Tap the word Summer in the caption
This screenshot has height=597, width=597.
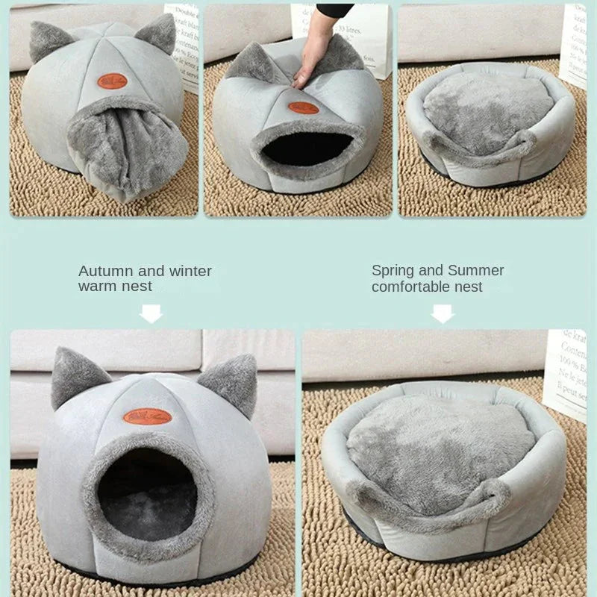[x=475, y=270]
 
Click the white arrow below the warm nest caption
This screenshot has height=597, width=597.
[x=151, y=313]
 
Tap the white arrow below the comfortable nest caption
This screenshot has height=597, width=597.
[x=443, y=313]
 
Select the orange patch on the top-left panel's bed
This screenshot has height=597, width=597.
[x=112, y=81]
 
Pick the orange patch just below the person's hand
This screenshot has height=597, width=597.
[x=303, y=107]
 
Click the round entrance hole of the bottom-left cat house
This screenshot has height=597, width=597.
[x=147, y=493]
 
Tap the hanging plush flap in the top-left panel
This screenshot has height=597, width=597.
[x=127, y=149]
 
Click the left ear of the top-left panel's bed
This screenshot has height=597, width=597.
[x=46, y=41]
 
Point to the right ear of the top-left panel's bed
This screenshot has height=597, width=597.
[x=157, y=34]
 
